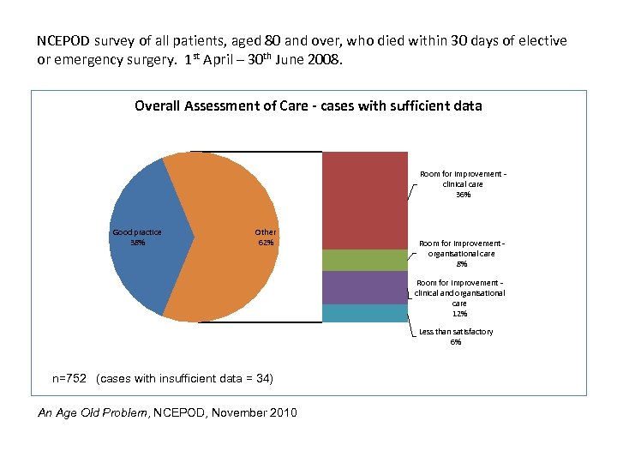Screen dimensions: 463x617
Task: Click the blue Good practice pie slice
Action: pyautogui.click(x=141, y=257)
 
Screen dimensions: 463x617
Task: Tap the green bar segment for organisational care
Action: pyautogui.click(x=364, y=260)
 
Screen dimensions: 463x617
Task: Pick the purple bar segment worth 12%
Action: pyautogui.click(x=364, y=287)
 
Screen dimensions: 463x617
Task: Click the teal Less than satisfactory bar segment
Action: pyautogui.click(x=364, y=313)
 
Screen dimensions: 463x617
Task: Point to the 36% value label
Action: pyautogui.click(x=463, y=195)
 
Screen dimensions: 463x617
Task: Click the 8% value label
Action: pyautogui.click(x=463, y=264)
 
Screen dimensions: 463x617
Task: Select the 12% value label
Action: pyautogui.click(x=459, y=313)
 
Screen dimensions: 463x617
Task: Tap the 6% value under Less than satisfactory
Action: pyautogui.click(x=456, y=342)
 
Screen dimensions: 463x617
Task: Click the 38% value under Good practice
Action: pyautogui.click(x=137, y=243)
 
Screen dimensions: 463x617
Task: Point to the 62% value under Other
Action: pyautogui.click(x=266, y=243)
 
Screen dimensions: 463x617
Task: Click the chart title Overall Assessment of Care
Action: pyautogui.click(x=308, y=106)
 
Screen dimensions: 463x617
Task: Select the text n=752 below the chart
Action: pyautogui.click(x=70, y=379)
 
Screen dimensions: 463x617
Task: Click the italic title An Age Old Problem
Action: pyautogui.click(x=93, y=413)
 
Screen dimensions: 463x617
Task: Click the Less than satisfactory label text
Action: pyautogui.click(x=456, y=332)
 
